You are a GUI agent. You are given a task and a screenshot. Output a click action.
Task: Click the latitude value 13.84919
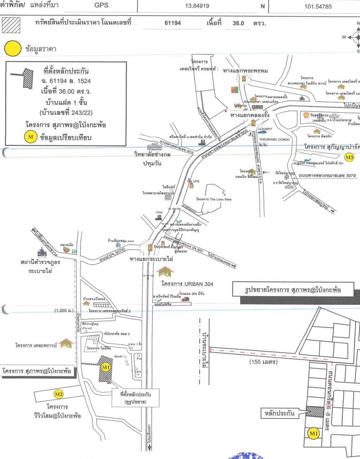point(197,6)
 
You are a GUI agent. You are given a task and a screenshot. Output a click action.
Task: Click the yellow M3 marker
point(349,157)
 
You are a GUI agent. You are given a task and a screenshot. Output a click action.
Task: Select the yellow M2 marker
point(59,394)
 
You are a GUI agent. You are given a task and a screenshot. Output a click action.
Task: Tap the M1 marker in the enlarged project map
point(313,434)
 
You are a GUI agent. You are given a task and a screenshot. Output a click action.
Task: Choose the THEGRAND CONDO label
point(274,139)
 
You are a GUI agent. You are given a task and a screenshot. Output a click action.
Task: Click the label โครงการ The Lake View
point(213,199)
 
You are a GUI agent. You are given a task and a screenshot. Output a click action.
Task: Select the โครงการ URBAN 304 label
point(187,283)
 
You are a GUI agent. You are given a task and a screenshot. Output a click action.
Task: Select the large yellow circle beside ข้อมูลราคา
point(13,49)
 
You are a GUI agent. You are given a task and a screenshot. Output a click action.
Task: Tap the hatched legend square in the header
point(11,25)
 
